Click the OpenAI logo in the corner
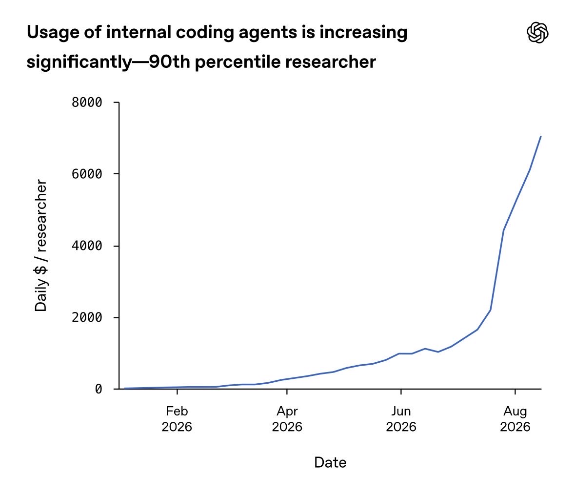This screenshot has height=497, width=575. tap(537, 32)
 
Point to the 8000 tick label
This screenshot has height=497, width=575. tap(87, 102)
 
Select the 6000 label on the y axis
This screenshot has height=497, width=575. tap(87, 174)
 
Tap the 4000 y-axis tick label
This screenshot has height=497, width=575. tap(87, 246)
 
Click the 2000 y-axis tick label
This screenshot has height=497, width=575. tap(87, 317)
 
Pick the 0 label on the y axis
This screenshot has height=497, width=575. tap(99, 389)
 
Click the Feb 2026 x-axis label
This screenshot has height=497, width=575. tap(177, 419)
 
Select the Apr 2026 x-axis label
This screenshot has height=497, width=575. tap(287, 419)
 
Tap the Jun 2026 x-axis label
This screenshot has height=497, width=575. tap(401, 419)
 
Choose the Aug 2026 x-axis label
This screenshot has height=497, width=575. tap(515, 419)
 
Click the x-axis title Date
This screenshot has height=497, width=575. tap(330, 462)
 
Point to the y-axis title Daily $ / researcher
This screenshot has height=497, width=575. tap(41, 246)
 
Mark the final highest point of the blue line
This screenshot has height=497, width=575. tap(540, 136)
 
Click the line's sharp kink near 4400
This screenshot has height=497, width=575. tap(503, 230)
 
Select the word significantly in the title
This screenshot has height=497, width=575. tap(79, 62)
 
